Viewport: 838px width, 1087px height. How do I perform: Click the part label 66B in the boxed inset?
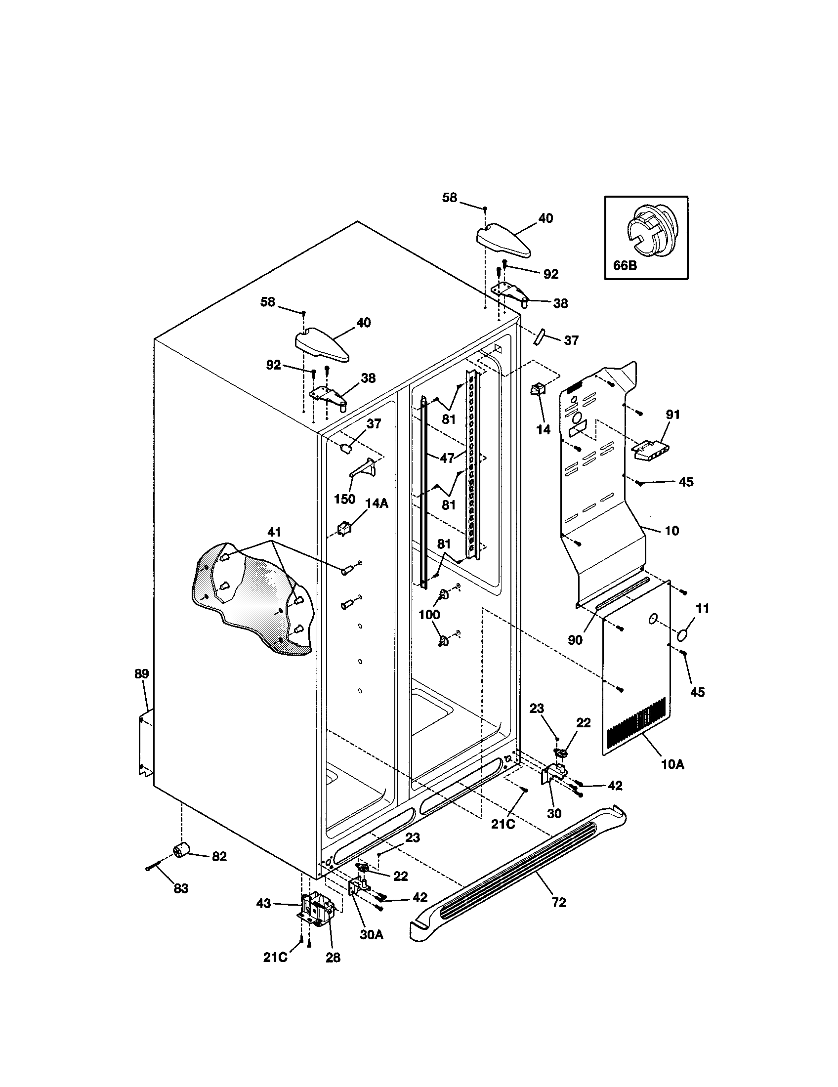tap(625, 265)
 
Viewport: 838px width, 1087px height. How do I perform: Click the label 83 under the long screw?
tap(181, 888)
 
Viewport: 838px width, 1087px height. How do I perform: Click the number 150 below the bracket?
tap(344, 499)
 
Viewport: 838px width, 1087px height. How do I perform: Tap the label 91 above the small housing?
tap(672, 414)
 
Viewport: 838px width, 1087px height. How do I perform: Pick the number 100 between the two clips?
tap(429, 614)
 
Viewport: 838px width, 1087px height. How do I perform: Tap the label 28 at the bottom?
tap(333, 957)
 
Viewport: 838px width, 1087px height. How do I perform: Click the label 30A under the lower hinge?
tap(372, 934)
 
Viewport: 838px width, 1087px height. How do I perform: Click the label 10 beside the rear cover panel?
tap(672, 531)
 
